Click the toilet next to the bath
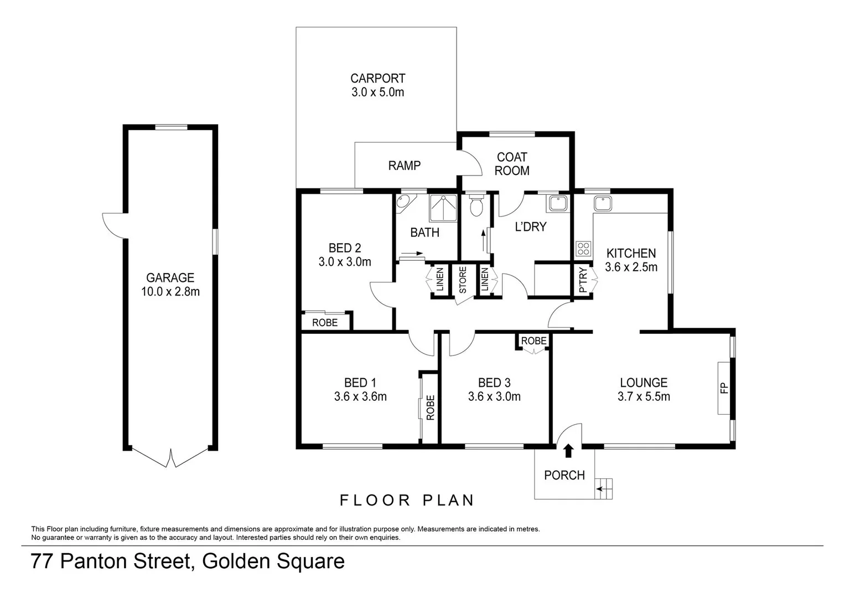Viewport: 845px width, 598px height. click(475, 207)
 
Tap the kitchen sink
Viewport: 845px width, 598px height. click(603, 203)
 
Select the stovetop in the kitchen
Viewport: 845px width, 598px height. click(583, 249)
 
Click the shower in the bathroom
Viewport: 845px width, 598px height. click(443, 208)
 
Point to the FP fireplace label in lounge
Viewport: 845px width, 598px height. click(724, 388)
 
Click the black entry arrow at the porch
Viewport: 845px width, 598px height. click(568, 451)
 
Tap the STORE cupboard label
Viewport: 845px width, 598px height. click(463, 280)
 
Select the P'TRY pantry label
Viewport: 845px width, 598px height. click(582, 280)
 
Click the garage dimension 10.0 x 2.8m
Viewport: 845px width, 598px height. click(170, 292)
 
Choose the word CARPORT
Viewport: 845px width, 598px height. click(377, 79)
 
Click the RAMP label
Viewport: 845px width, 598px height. click(404, 166)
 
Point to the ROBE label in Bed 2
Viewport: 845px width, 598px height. click(325, 322)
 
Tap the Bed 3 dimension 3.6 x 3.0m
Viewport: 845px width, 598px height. click(494, 396)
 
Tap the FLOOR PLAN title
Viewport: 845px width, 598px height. click(407, 501)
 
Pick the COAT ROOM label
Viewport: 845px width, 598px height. click(512, 164)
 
